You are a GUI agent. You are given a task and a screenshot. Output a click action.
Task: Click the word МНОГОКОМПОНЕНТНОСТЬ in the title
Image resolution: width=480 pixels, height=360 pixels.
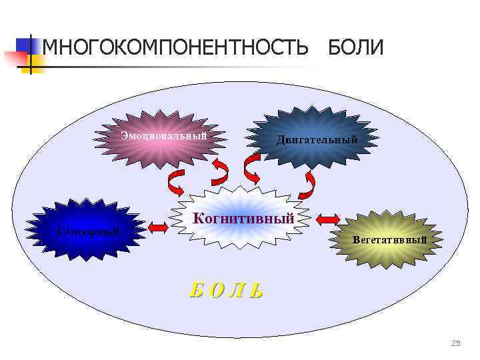tap(175, 48)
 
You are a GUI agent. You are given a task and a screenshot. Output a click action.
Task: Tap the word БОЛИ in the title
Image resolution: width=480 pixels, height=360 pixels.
tap(355, 48)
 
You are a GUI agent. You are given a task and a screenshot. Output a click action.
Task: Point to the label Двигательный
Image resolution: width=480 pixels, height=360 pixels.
tap(317, 140)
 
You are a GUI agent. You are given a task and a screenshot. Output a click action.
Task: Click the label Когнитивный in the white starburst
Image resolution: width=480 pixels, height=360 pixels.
tap(243, 218)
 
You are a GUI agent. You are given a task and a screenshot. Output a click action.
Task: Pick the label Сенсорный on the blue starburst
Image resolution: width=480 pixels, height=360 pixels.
tap(88, 231)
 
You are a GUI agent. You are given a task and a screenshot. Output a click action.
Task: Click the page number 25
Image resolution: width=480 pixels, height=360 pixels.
tap(455, 343)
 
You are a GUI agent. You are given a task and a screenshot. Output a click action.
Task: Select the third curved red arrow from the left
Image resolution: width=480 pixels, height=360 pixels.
tap(252, 169)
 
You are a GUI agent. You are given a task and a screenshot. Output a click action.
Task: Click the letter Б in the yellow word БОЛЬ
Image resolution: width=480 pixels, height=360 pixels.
tap(197, 290)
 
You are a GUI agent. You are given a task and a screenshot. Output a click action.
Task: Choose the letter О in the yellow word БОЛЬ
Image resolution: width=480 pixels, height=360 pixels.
tap(216, 291)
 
